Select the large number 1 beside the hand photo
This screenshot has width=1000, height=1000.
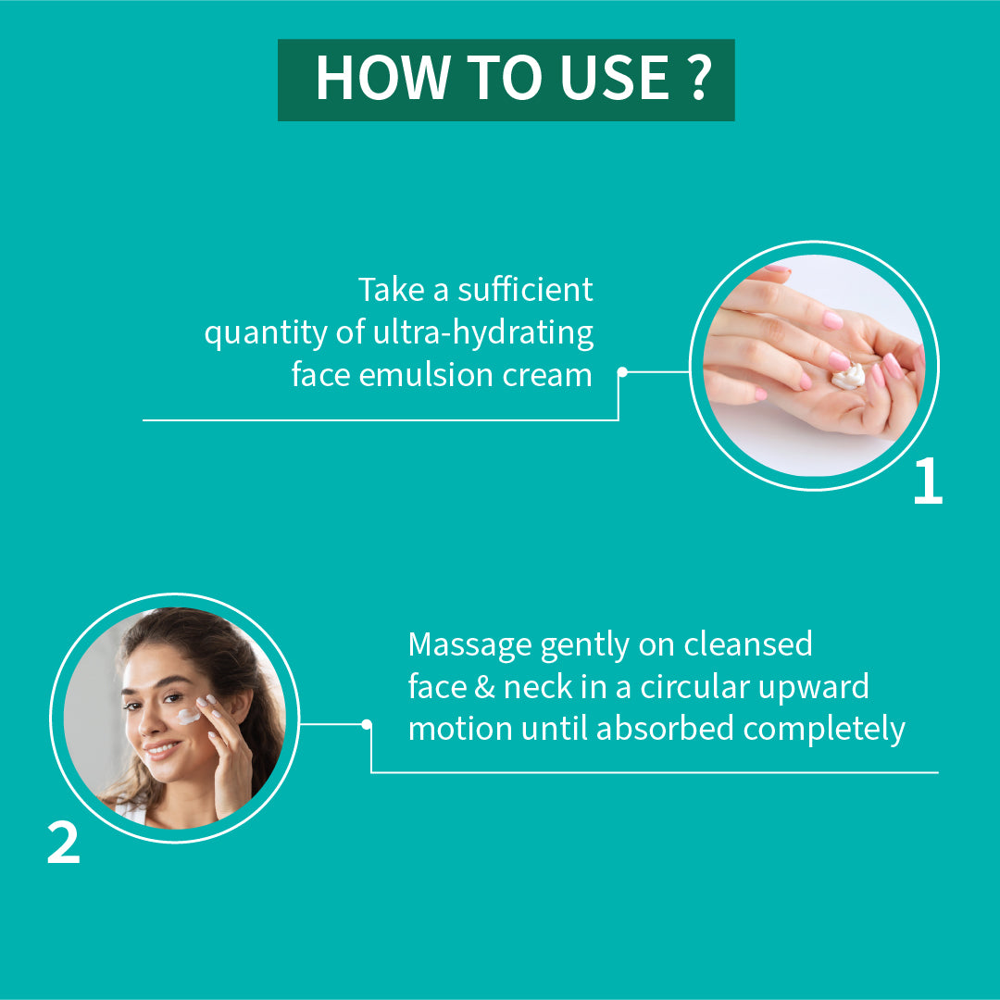click(x=928, y=481)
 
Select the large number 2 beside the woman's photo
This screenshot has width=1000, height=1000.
click(x=64, y=843)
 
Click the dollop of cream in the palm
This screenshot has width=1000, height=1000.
click(x=849, y=376)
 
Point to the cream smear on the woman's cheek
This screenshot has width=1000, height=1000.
click(x=188, y=716)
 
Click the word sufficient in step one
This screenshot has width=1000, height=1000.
click(x=525, y=290)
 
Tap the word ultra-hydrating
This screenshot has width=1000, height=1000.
click(x=482, y=333)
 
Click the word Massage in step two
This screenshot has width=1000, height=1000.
click(x=470, y=645)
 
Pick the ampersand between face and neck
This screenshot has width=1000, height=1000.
click(x=484, y=687)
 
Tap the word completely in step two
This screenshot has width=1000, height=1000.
click(x=824, y=730)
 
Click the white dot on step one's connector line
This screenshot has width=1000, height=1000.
click(x=622, y=372)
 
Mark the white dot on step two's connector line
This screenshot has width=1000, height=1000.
click(x=367, y=724)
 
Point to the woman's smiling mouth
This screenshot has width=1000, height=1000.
click(x=163, y=748)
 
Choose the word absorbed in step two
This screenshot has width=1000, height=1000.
click(x=665, y=729)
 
